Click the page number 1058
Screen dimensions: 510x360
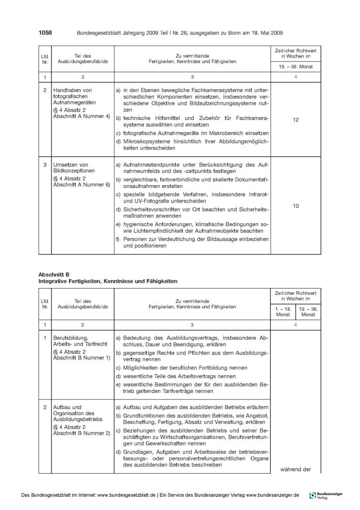click(44, 32)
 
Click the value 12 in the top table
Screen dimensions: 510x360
click(296, 120)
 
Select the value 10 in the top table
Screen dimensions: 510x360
click(296, 206)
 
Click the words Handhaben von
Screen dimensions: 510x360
click(73, 90)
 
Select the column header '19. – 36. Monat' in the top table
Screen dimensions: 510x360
click(296, 67)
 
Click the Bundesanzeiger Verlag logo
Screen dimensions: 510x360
click(326, 495)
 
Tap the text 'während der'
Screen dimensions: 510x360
click(296, 469)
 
